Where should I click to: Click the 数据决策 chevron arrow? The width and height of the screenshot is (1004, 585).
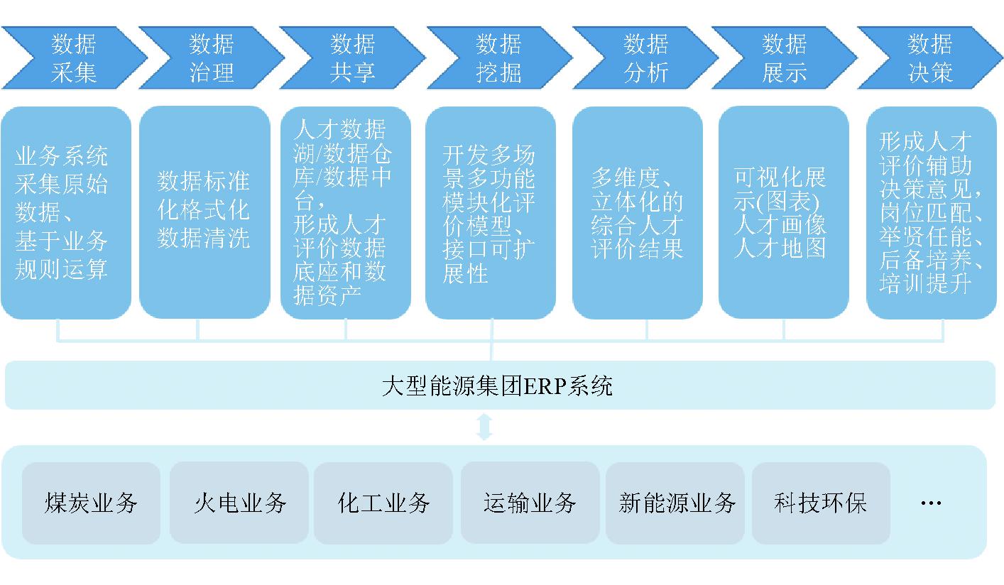929,58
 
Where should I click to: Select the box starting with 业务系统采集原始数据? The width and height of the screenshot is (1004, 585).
65,212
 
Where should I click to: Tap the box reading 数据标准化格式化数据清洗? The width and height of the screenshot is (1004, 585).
204,212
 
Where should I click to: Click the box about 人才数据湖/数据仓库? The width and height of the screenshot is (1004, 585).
346,212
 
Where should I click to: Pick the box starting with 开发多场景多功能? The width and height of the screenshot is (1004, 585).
491,212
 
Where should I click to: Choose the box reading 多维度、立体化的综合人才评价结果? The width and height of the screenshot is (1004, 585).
638,212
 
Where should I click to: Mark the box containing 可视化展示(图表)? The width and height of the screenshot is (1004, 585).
783,212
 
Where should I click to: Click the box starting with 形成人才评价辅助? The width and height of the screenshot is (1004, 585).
931,212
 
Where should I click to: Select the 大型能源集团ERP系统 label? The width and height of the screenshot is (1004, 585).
497,386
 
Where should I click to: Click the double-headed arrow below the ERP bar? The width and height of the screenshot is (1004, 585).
484,427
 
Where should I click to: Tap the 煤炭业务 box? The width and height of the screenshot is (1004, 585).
91,503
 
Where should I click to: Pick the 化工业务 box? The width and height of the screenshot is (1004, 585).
383,503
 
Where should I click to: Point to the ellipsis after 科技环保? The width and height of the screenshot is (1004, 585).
930,503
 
